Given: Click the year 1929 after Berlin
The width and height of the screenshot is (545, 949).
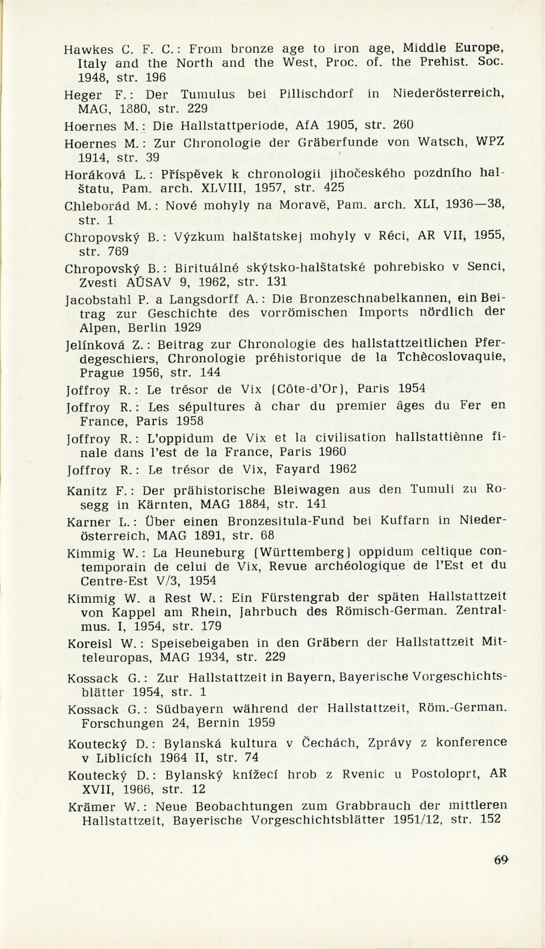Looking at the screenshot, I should [x=188, y=328].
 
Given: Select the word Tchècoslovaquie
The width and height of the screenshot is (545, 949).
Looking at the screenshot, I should [x=451, y=357].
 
